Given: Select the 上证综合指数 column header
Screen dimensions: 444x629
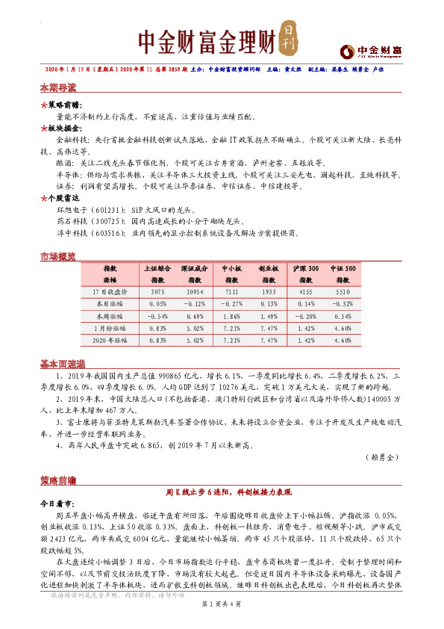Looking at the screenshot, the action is pyautogui.click(x=157, y=273).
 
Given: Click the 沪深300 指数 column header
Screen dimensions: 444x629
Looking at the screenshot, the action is pyautogui.click(x=306, y=273).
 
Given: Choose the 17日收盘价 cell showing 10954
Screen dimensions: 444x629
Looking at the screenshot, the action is pyautogui.click(x=196, y=291).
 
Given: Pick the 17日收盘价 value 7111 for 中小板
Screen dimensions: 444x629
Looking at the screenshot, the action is pyautogui.click(x=231, y=291).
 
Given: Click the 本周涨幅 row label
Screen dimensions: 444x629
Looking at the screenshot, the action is pyautogui.click(x=110, y=316).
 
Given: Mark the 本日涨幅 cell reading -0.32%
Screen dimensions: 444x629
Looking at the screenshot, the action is pyautogui.click(x=343, y=304).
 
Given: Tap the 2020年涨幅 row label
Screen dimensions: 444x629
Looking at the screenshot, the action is pyautogui.click(x=110, y=341).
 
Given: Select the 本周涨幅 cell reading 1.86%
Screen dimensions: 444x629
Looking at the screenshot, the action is pyautogui.click(x=231, y=316).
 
